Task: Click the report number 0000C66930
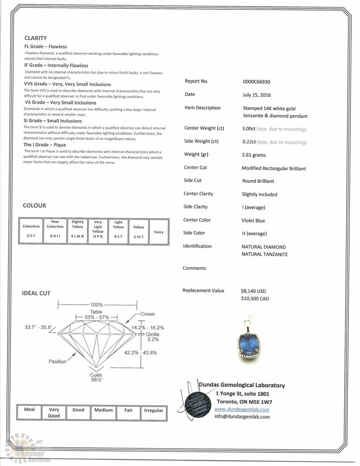tap(256, 82)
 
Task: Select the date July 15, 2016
tap(256, 95)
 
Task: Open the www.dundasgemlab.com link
tap(242, 409)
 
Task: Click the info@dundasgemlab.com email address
tap(242, 417)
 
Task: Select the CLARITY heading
tap(35, 38)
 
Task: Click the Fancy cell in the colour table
tap(158, 232)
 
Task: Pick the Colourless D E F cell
tap(31, 231)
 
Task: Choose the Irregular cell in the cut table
tap(154, 410)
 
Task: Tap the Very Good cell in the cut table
tap(54, 412)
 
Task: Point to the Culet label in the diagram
tap(96, 375)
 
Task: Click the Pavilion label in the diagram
tap(57, 362)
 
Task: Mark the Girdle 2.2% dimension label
tap(153, 337)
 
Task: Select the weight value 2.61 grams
tap(254, 155)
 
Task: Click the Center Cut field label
tap(195, 167)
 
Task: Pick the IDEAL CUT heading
tap(36, 293)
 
